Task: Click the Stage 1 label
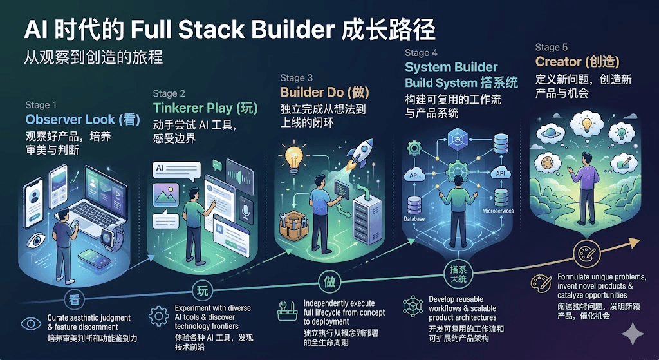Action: point(41,105)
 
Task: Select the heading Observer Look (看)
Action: point(82,120)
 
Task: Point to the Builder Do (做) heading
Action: point(326,92)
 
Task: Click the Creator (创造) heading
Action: point(577,62)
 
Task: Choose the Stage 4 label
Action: point(421,53)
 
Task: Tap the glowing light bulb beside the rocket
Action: point(293,156)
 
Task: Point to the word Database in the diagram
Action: point(417,219)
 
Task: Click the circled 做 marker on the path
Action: point(327,281)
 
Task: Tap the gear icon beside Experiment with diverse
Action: point(158,316)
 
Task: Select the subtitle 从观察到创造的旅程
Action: point(93,57)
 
